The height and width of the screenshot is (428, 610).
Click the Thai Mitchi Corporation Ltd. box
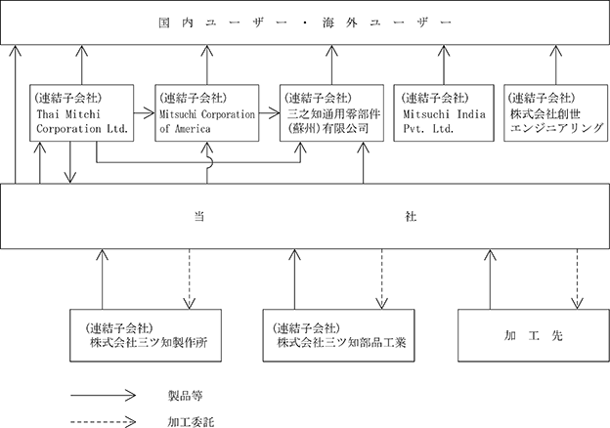pyautogui.click(x=82, y=112)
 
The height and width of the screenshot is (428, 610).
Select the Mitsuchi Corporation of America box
pyautogui.click(x=207, y=112)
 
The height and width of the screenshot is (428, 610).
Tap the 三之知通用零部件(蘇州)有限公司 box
pyautogui.click(x=331, y=112)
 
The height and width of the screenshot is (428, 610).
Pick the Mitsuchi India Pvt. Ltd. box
pyautogui.click(x=444, y=112)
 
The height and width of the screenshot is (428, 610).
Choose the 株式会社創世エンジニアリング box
pyautogui.click(x=555, y=112)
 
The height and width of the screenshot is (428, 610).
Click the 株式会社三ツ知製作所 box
pyautogui.click(x=146, y=335)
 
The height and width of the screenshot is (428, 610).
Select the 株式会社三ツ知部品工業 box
pyautogui.click(x=338, y=335)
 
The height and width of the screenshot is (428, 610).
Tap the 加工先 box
pyautogui.click(x=534, y=335)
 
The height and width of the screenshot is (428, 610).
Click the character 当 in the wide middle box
pyautogui.click(x=199, y=216)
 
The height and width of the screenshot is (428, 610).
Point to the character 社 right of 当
pyautogui.click(x=411, y=216)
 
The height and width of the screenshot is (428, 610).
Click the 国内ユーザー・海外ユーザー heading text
pyautogui.click(x=305, y=22)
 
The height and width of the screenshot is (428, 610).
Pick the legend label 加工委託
pyautogui.click(x=191, y=422)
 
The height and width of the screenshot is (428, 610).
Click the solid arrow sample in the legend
pyautogui.click(x=103, y=396)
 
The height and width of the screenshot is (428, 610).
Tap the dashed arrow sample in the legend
pyautogui.click(x=103, y=422)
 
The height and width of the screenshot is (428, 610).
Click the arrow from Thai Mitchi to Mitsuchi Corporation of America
pyautogui.click(x=145, y=113)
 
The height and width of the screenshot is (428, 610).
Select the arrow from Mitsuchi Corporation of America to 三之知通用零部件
pyautogui.click(x=269, y=113)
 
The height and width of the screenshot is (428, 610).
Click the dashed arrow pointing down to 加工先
pyautogui.click(x=577, y=278)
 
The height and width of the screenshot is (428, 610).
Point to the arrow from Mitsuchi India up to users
pyautogui.click(x=444, y=64)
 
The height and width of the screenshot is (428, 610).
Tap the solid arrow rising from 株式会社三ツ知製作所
pyautogui.click(x=103, y=278)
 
